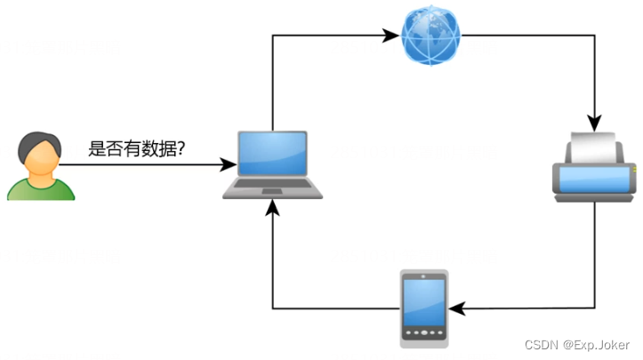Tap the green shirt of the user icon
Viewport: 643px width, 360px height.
(40, 188)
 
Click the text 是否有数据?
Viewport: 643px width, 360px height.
(136, 148)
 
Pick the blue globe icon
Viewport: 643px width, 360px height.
(431, 36)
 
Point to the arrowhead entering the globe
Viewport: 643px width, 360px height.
(391, 36)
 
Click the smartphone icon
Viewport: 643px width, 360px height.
(424, 308)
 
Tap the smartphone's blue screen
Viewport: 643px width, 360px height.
(424, 303)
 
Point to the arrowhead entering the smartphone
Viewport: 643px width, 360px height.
(456, 308)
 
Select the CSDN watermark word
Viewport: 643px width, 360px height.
(541, 345)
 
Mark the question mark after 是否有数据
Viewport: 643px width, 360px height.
(181, 148)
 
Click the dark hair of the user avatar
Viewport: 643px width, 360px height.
(39, 140)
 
